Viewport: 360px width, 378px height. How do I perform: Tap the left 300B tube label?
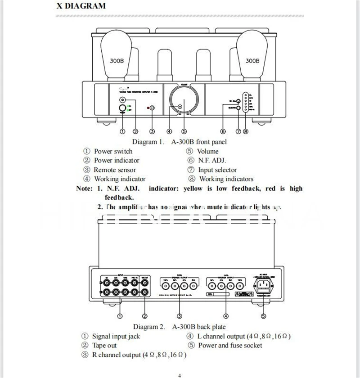pos(117,61)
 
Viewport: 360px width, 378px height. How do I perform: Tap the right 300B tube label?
pos(252,61)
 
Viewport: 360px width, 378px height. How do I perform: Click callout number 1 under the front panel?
pos(122,131)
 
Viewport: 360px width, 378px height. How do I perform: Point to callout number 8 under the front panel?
pos(245,131)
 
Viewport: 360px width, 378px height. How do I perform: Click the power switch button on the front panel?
pos(122,108)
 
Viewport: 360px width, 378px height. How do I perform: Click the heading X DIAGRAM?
pos(81,6)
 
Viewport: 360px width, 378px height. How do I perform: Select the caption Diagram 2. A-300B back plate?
pos(180,327)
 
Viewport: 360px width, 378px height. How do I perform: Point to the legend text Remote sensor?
pos(114,170)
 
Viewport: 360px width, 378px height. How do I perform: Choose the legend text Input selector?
pos(217,170)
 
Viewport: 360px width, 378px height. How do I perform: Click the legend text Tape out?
pos(104,345)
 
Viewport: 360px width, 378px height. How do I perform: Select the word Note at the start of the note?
pos(84,189)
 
